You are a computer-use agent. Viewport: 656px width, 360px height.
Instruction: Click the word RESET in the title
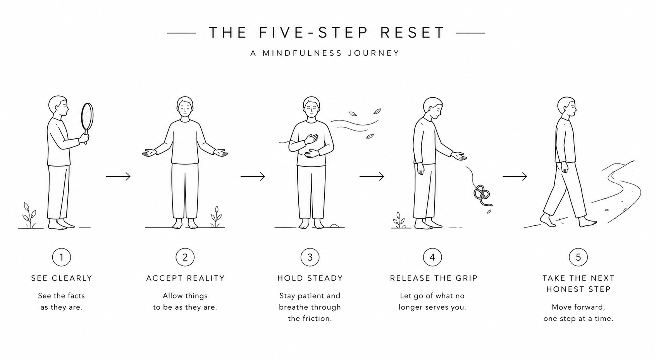coord(412,33)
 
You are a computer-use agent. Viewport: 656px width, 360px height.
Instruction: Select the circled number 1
coord(62,257)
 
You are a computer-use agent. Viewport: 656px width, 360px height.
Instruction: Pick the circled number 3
coord(310,257)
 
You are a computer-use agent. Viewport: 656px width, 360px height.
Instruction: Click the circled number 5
coord(578,257)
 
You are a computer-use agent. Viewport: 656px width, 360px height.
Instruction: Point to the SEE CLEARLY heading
coord(62,278)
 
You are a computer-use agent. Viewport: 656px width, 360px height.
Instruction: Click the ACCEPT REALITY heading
coord(185,278)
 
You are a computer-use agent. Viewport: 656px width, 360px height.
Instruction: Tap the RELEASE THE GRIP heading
coord(434,278)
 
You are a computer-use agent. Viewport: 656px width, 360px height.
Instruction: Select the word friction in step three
coord(317,319)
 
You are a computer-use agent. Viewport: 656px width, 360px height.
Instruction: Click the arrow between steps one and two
coord(118,176)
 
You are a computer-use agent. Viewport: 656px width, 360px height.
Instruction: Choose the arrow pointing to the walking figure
coord(515,176)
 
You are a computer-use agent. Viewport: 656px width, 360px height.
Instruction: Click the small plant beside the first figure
coord(29,215)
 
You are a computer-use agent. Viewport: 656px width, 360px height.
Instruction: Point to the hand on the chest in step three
coord(311,139)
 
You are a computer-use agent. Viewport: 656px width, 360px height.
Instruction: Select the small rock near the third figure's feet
coord(334,226)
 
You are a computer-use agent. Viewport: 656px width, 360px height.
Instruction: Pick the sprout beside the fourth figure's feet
coord(399,220)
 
